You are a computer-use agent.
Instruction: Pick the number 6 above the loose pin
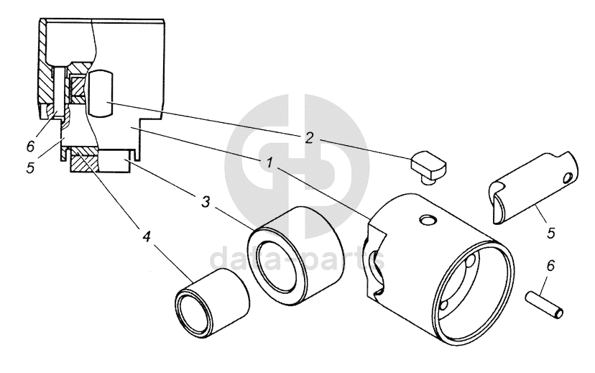tap(550, 267)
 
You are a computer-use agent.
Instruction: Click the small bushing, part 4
tap(213, 301)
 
